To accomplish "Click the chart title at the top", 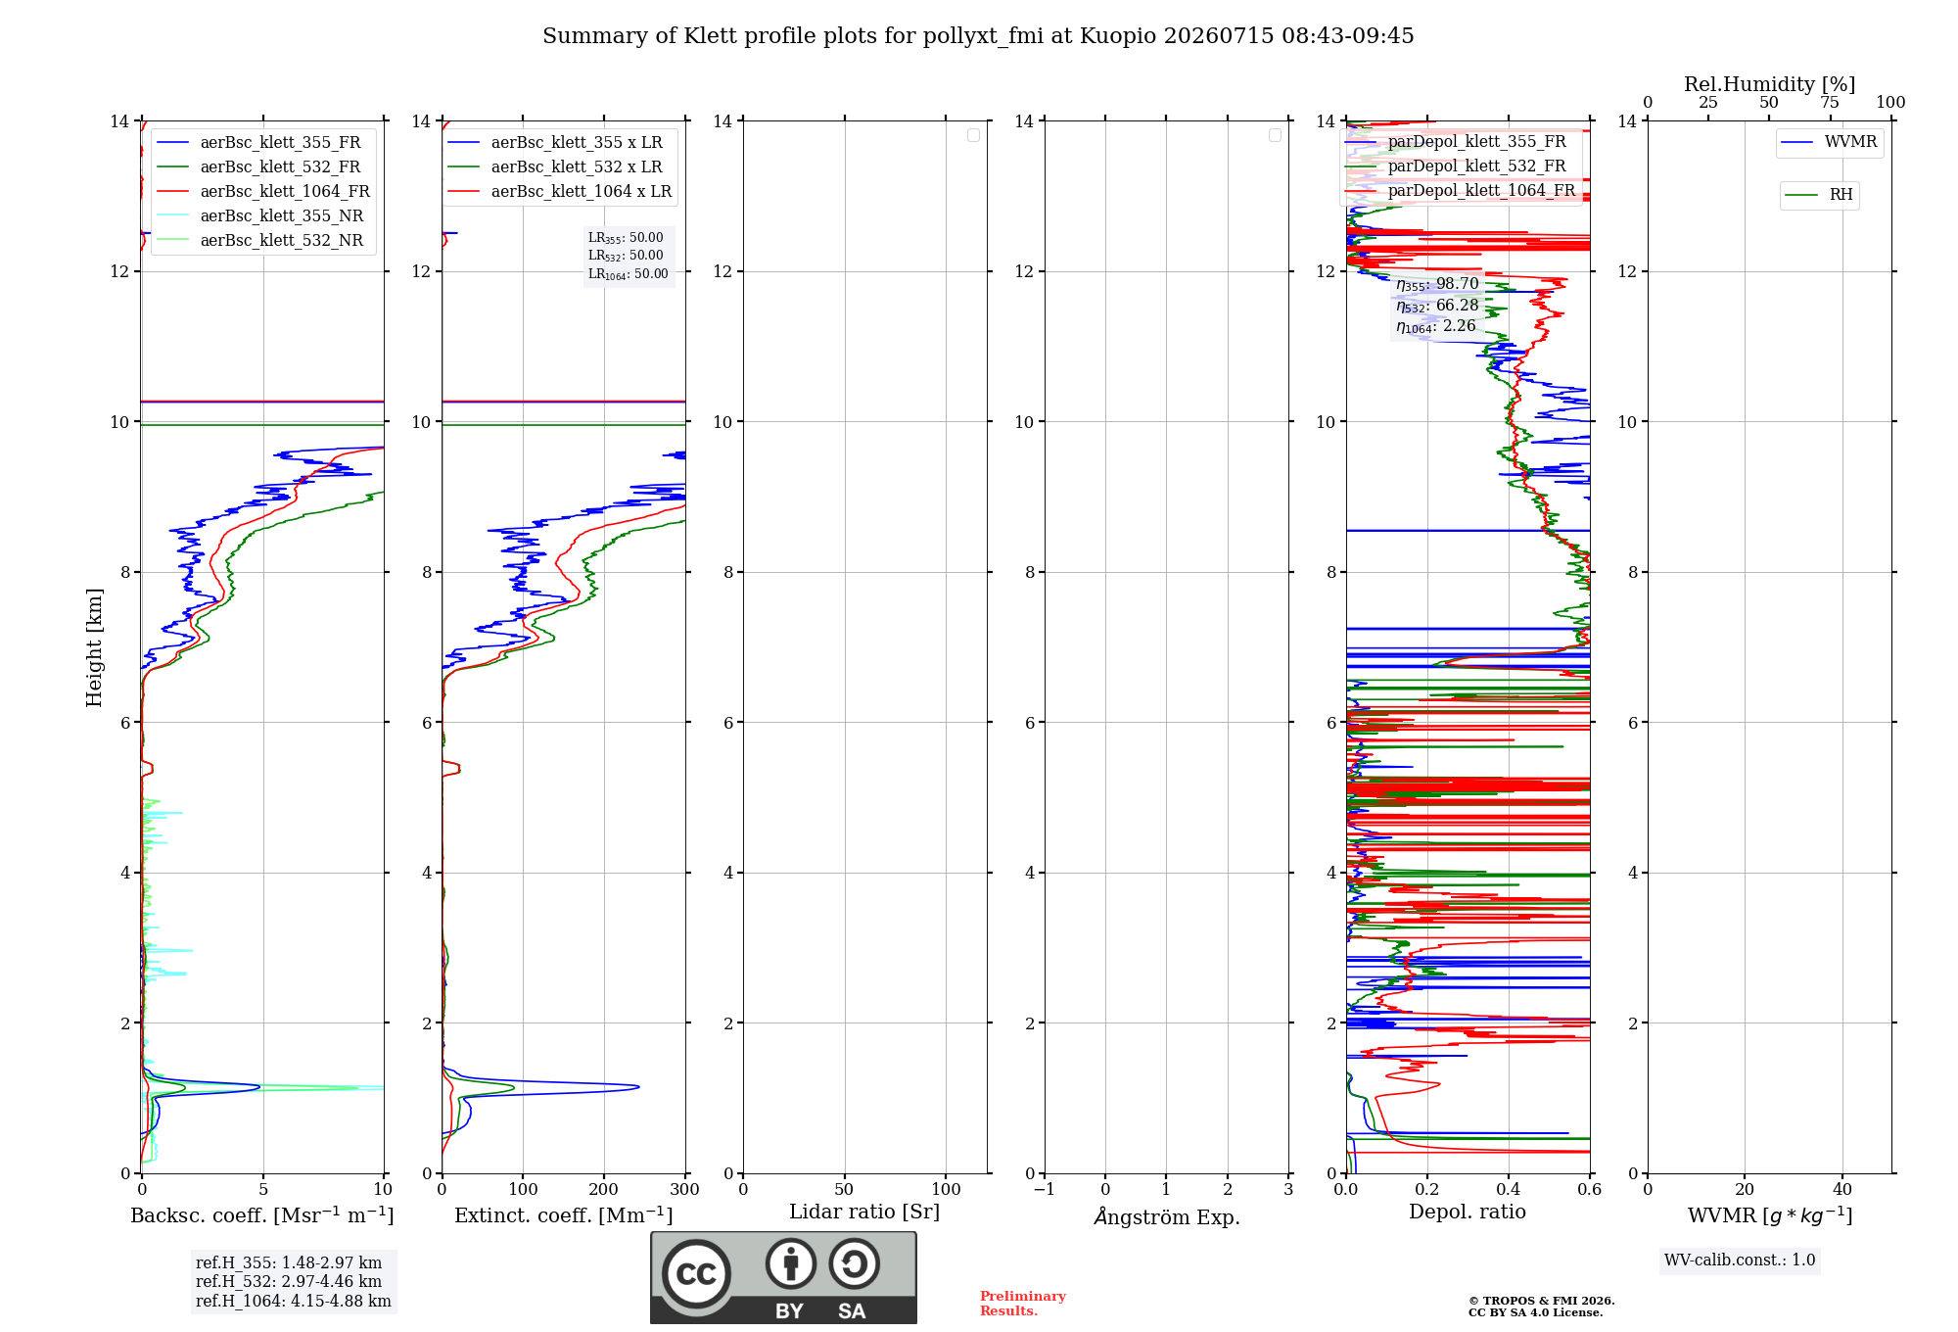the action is click(978, 36).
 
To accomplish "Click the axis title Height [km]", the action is click(94, 647).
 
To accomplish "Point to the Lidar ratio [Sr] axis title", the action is click(864, 1213).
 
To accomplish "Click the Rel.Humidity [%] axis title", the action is click(1769, 84).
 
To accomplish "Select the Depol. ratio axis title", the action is click(1468, 1213).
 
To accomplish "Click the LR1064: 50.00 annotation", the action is click(628, 274).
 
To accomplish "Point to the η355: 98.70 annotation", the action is click(1437, 285).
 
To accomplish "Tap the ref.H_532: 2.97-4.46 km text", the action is click(289, 1282).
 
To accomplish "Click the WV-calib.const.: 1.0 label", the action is click(1740, 1261).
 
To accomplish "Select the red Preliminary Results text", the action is click(1023, 1304).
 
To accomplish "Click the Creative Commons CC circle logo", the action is click(696, 1274).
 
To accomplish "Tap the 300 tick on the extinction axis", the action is click(685, 1190).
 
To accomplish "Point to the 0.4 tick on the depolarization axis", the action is click(1509, 1190).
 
